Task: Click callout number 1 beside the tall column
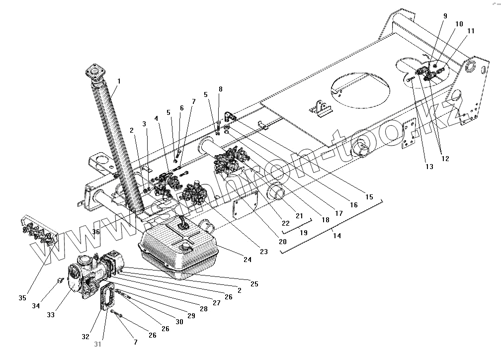pos(119,81)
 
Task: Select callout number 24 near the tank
pos(248,260)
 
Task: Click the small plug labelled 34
pos(60,281)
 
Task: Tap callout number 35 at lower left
pos(22,298)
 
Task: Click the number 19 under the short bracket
pos(303,232)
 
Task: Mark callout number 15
pos(369,197)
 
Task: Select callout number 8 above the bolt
pos(221,90)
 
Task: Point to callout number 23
pos(263,252)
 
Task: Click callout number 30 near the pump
pos(179,322)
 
